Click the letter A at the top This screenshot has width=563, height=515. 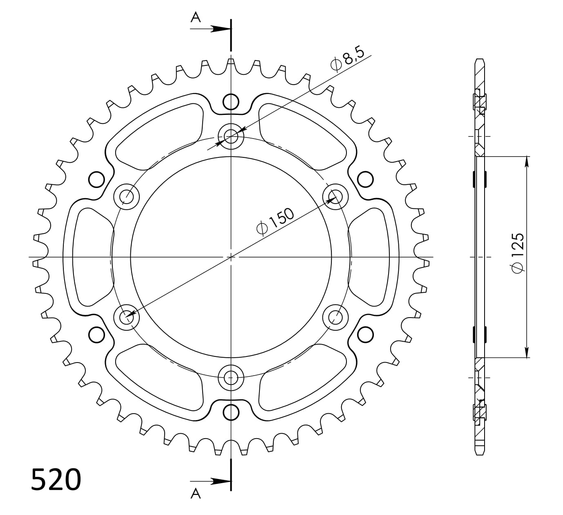(196, 17)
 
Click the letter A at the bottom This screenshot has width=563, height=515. (196, 494)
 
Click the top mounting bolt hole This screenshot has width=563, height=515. (231, 135)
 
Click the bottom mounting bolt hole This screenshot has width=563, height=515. (231, 377)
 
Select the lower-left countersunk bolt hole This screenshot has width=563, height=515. (127, 316)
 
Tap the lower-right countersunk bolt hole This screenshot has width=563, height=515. (335, 316)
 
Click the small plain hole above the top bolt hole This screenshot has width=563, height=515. (231, 102)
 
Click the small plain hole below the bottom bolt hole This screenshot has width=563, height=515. (231, 411)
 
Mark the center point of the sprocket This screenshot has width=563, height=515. (231, 257)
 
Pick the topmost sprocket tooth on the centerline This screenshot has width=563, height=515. (231, 62)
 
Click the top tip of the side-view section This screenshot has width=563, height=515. (480, 60)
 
